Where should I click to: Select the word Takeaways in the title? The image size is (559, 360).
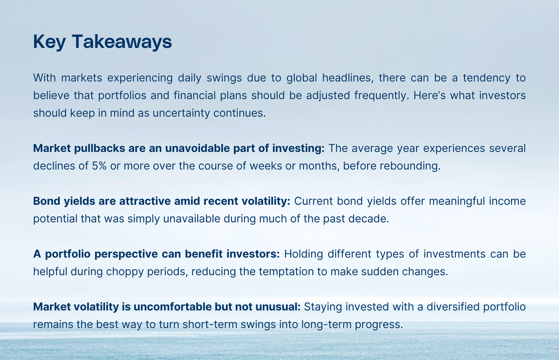[x=122, y=42]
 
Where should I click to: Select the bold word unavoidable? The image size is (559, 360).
[x=198, y=148]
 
